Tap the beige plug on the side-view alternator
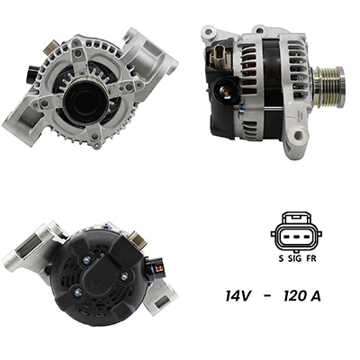tap(219, 56)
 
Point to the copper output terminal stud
tap(226, 91)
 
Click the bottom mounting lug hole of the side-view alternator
tap(298, 135)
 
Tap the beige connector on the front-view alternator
tap(50, 48)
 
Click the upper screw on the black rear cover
tap(87, 259)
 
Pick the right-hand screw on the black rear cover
tap(124, 275)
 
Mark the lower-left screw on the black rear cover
tap(78, 291)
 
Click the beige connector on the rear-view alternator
tap(138, 239)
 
